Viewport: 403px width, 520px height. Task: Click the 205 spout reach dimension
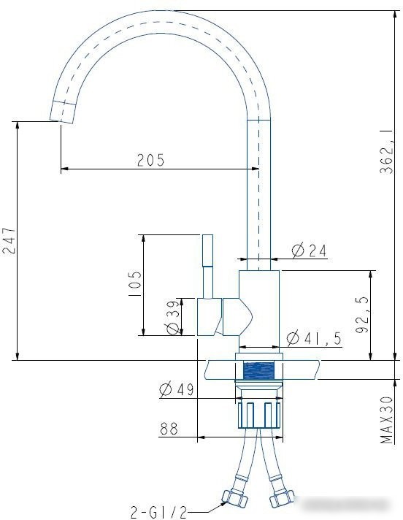(151, 160)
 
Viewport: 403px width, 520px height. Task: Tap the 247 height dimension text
(9, 240)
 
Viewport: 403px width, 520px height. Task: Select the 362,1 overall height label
(387, 151)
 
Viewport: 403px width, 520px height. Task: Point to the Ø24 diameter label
(309, 251)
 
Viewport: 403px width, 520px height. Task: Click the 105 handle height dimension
(135, 284)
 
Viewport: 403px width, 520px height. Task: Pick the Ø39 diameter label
(173, 318)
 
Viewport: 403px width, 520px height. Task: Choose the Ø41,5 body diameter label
(313, 338)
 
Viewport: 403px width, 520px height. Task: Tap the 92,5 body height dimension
(362, 315)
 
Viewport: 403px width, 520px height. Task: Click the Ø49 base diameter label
(176, 390)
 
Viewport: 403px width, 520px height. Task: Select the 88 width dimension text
(169, 429)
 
